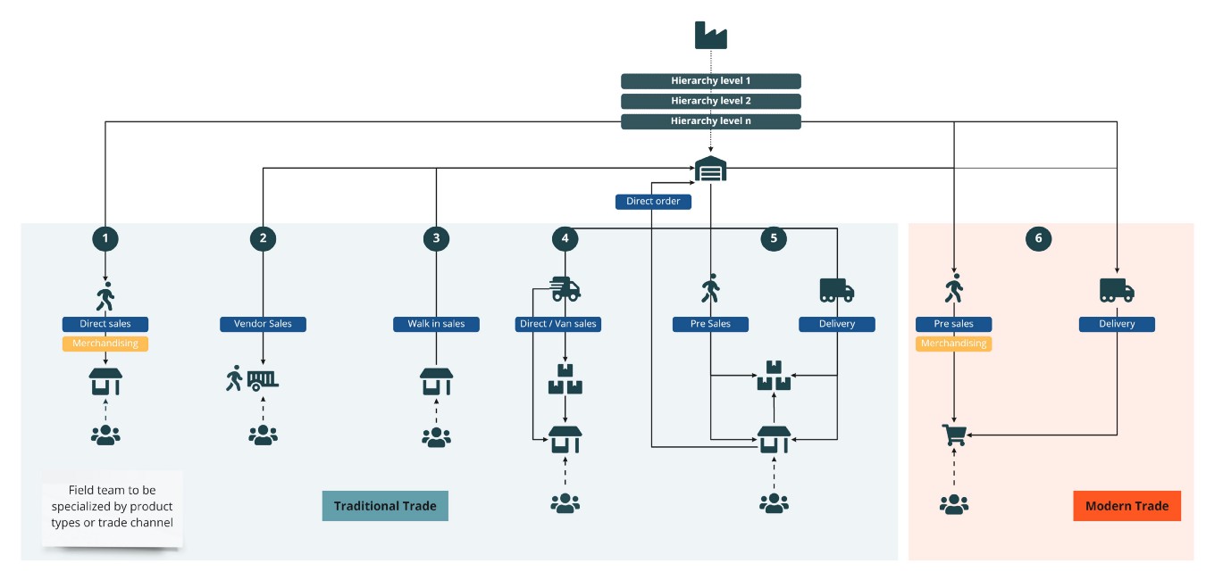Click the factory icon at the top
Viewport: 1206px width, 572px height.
pyautogui.click(x=710, y=35)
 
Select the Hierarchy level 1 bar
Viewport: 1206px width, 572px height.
pyautogui.click(x=710, y=81)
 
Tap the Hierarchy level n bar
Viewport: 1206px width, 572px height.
pyautogui.click(x=710, y=121)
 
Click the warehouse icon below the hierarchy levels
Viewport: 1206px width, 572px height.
pyautogui.click(x=710, y=169)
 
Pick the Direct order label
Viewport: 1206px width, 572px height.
pyautogui.click(x=653, y=202)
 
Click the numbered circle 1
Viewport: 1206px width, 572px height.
pyautogui.click(x=105, y=238)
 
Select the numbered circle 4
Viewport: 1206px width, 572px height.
pyautogui.click(x=565, y=238)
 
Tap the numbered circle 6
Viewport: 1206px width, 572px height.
pyautogui.click(x=1038, y=238)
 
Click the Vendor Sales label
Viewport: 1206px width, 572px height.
pyautogui.click(x=263, y=324)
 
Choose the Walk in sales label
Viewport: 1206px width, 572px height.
pyautogui.click(x=436, y=324)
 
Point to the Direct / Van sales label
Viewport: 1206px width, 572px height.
pyautogui.click(x=558, y=324)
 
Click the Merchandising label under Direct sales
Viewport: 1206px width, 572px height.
pyautogui.click(x=105, y=344)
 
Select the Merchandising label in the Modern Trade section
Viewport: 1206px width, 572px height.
pyautogui.click(x=953, y=344)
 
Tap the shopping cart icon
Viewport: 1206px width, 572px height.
pyautogui.click(x=954, y=435)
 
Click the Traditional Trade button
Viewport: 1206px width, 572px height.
pyautogui.click(x=385, y=506)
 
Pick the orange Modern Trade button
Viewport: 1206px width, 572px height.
pyautogui.click(x=1126, y=506)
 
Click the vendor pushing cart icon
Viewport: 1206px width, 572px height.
pyautogui.click(x=252, y=380)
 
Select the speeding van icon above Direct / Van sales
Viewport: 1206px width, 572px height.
pyautogui.click(x=565, y=288)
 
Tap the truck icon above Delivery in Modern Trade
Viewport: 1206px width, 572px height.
pyautogui.click(x=1117, y=289)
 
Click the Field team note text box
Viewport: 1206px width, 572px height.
pyautogui.click(x=112, y=507)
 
